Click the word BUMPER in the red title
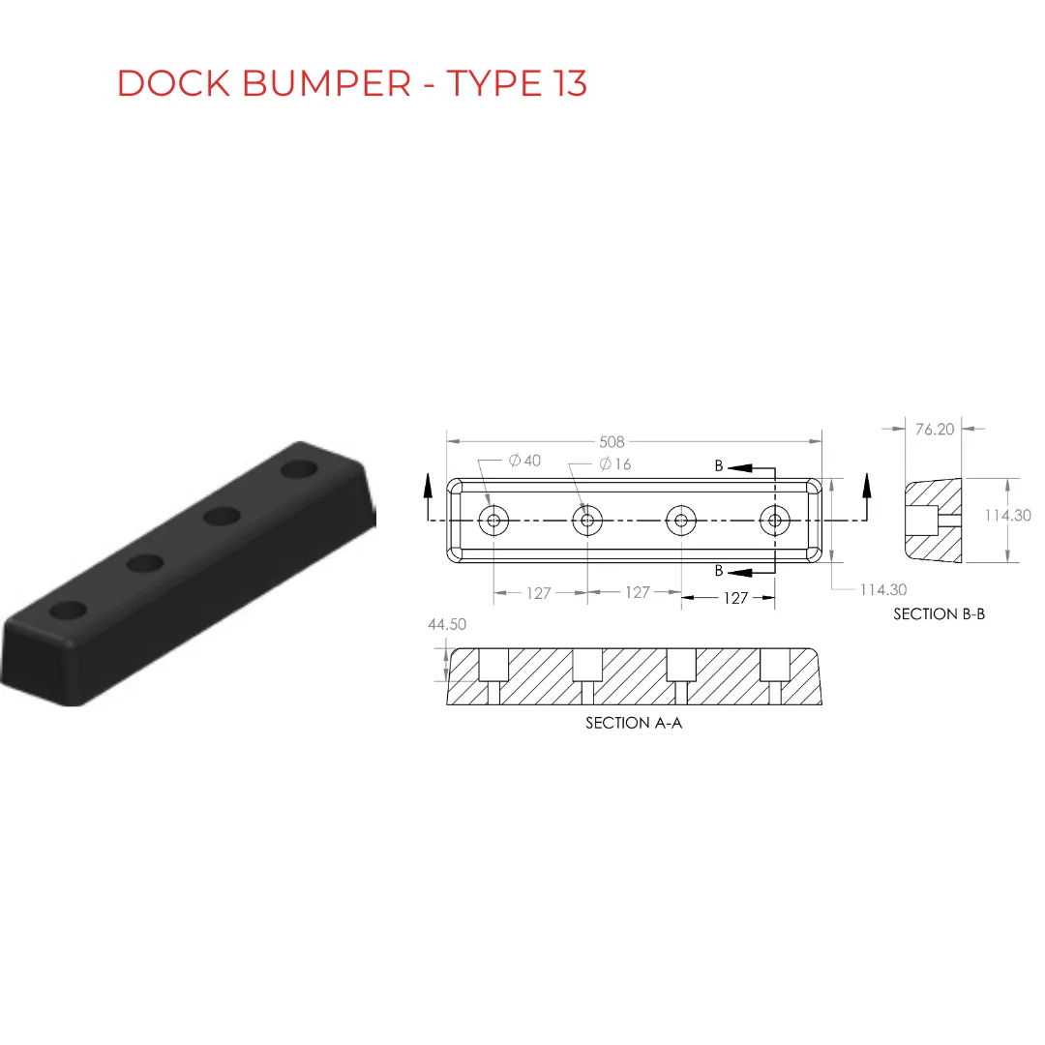pyautogui.click(x=327, y=83)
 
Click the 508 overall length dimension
pyautogui.click(x=612, y=442)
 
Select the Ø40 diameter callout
pyautogui.click(x=524, y=461)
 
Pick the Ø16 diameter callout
pyautogui.click(x=615, y=463)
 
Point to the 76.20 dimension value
pyautogui.click(x=935, y=430)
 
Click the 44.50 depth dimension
pyautogui.click(x=447, y=624)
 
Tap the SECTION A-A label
pyautogui.click(x=634, y=723)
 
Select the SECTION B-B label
pyautogui.click(x=939, y=613)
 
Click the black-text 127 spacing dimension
pyautogui.click(x=735, y=598)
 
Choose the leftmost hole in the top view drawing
pyautogui.click(x=493, y=520)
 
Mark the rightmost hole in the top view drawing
pyautogui.click(x=774, y=520)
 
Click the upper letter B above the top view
pyautogui.click(x=718, y=465)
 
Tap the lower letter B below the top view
pyautogui.click(x=718, y=571)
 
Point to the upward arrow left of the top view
pyautogui.click(x=428, y=496)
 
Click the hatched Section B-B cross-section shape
pyautogui.click(x=934, y=521)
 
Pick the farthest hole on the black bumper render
pyautogui.click(x=299, y=468)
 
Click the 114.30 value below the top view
pyautogui.click(x=883, y=590)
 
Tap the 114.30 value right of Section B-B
pyautogui.click(x=1007, y=515)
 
